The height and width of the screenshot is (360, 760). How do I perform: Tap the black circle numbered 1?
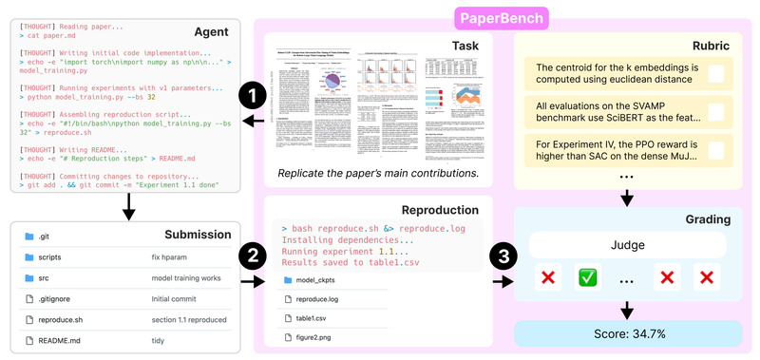[252, 96]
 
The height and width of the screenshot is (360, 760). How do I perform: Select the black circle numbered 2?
[252, 256]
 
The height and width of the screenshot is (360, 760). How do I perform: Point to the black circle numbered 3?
[503, 256]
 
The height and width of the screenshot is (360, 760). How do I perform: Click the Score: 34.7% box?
[626, 334]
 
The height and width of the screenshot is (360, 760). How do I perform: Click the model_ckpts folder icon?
[287, 280]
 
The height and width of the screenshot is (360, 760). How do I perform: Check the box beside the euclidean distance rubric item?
[716, 73]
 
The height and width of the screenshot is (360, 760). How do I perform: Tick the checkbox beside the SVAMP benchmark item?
[716, 112]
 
